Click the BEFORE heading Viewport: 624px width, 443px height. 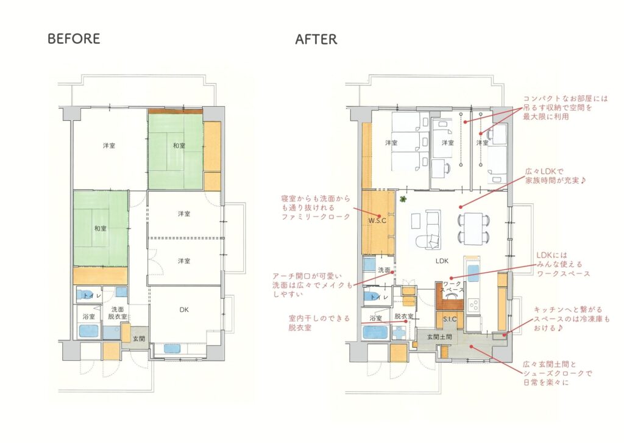click(74, 38)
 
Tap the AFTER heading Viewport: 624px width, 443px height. click(316, 39)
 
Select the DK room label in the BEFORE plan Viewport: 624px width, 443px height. click(184, 309)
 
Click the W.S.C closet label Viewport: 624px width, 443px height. click(377, 220)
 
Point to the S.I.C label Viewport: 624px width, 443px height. click(450, 319)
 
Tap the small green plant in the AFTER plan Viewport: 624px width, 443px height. click(403, 199)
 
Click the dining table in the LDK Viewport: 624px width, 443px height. click(473, 228)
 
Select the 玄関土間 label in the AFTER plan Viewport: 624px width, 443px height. click(439, 337)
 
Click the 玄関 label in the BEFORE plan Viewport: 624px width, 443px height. click(138, 339)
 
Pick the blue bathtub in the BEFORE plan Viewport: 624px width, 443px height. click(89, 332)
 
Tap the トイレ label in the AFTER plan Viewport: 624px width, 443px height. click(379, 297)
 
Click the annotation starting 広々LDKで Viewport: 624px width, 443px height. click(556, 176)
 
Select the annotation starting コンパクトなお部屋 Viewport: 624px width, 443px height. click(565, 107)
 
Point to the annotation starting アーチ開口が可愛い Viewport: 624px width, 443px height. click(313, 285)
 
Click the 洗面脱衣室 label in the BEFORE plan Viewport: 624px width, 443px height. click(118, 313)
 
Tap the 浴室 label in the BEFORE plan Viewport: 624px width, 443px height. click(89, 317)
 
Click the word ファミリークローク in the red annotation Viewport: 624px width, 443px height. click(316, 217)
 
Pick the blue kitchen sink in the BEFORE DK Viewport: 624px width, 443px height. click(172, 348)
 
